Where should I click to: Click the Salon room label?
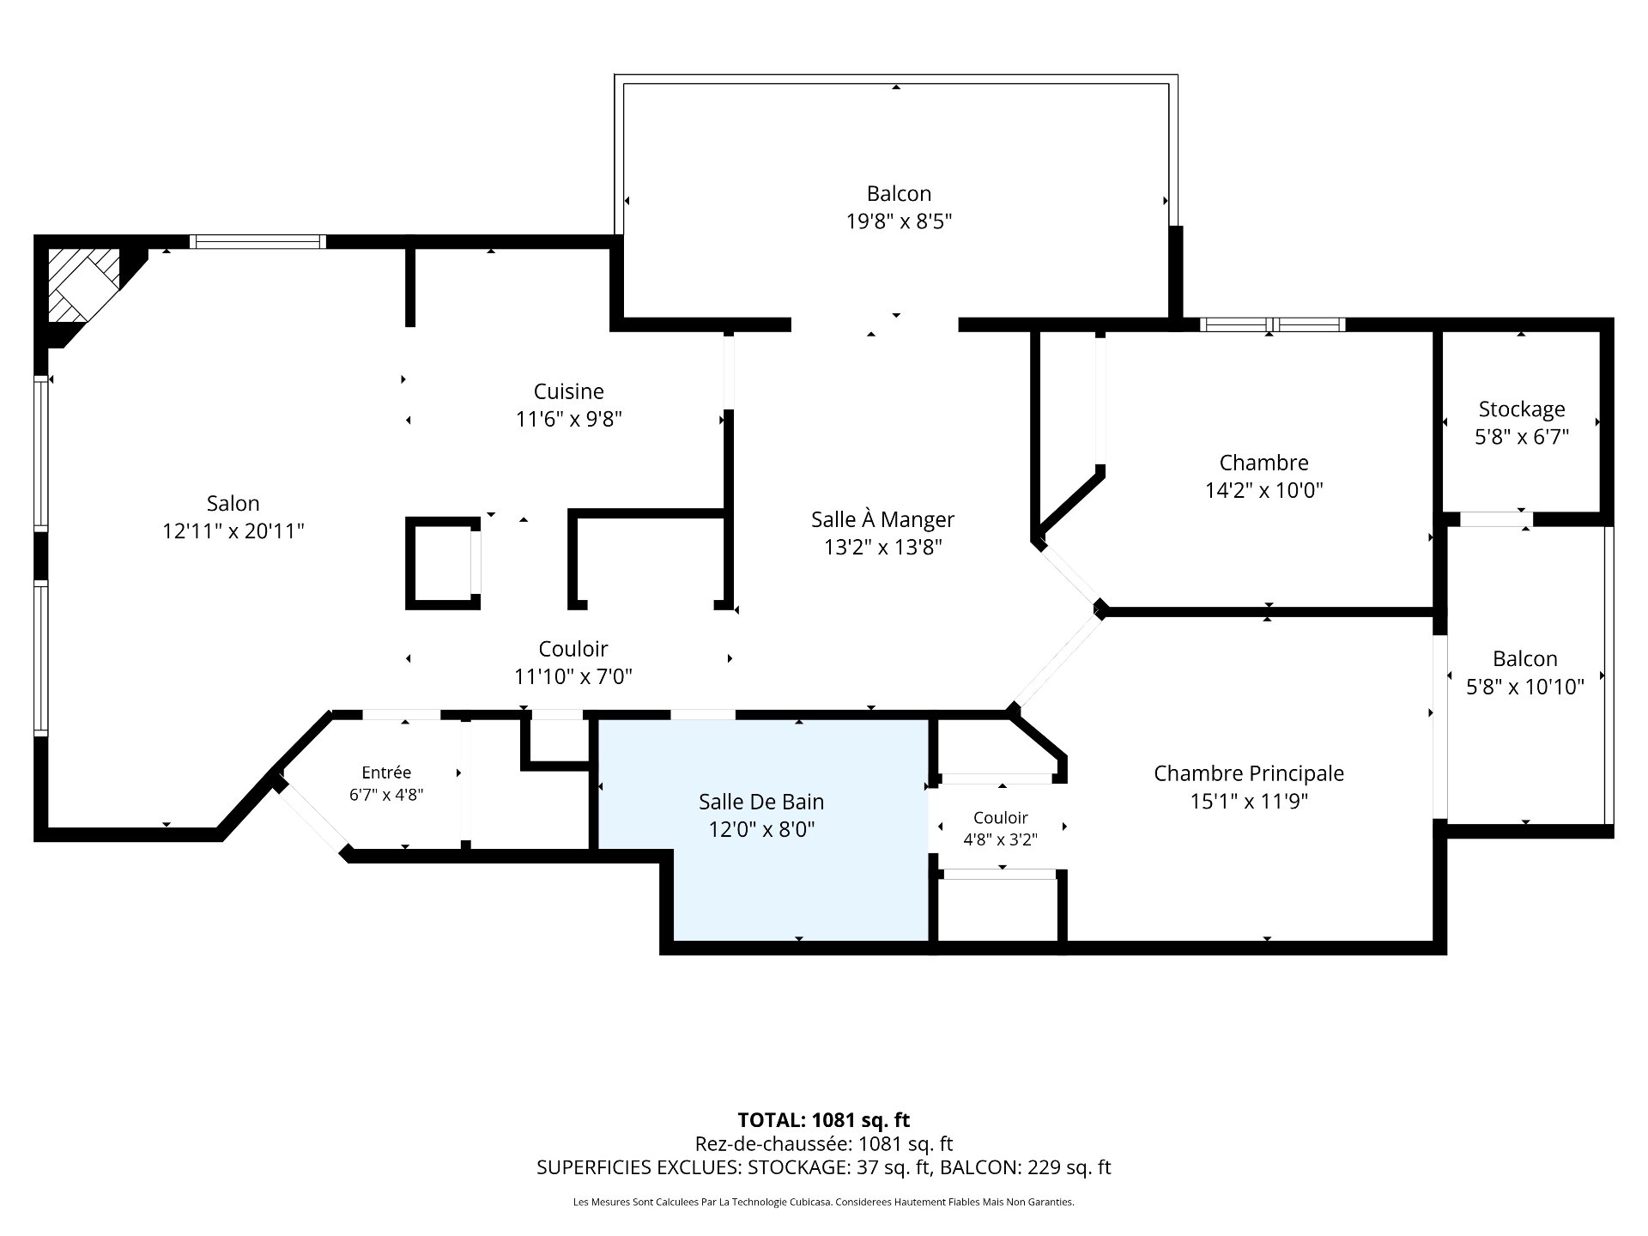point(233,503)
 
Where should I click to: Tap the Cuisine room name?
point(568,391)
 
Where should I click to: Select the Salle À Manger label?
point(882,519)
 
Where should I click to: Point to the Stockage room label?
point(1522,409)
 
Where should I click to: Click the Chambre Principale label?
point(1249,773)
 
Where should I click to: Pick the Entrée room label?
point(386,772)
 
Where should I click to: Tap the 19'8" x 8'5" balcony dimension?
point(899,221)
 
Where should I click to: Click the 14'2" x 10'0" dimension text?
point(1264,490)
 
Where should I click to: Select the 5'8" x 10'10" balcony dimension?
point(1524,687)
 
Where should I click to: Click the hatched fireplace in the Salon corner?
point(83,285)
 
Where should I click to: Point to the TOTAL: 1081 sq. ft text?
point(824,1120)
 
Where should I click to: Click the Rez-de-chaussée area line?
point(824,1143)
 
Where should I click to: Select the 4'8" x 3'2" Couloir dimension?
point(1000,839)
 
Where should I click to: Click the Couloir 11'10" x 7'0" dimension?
point(573,677)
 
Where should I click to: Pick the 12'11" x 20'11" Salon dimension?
point(233,531)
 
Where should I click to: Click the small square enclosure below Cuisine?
point(443,563)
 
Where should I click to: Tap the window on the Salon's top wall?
point(257,242)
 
